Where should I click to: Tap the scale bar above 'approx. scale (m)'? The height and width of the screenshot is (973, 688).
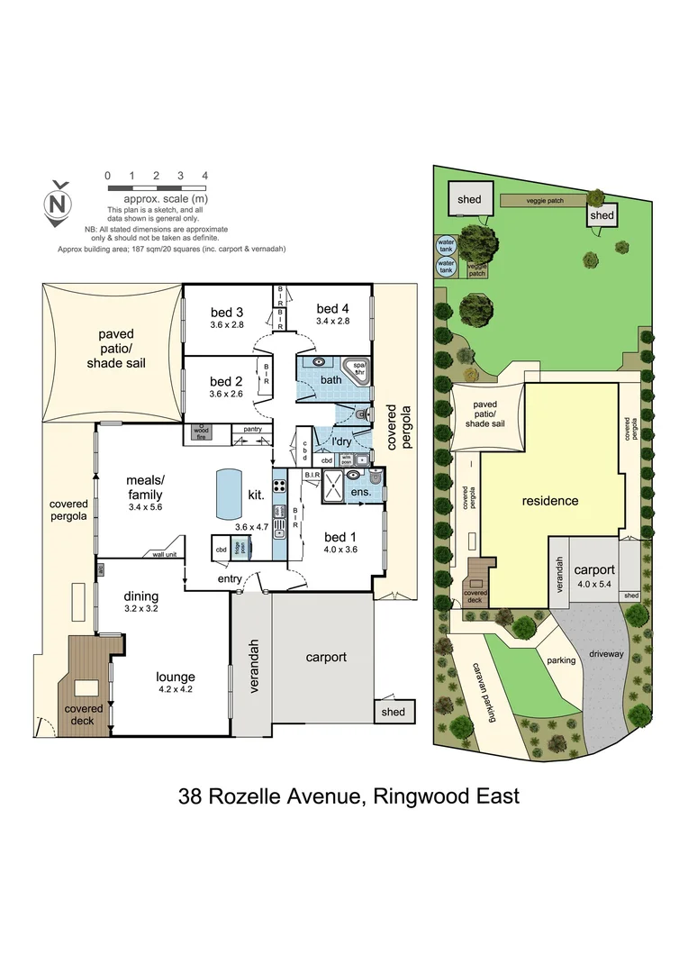156,186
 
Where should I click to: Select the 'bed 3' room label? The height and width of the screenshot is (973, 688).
227,312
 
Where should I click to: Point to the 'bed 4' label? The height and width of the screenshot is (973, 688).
332,308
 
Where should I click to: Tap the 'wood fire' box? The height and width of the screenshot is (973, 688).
201,432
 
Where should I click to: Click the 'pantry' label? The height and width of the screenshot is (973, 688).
252,429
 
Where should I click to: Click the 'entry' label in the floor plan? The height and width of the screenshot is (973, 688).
230,578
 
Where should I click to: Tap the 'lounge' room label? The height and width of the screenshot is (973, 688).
175,677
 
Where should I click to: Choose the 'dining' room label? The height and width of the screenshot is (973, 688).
141,596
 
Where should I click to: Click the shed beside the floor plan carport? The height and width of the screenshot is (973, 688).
394,711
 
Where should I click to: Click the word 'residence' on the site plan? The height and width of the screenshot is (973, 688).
549,500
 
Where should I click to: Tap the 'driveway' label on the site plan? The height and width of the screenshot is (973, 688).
605,652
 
